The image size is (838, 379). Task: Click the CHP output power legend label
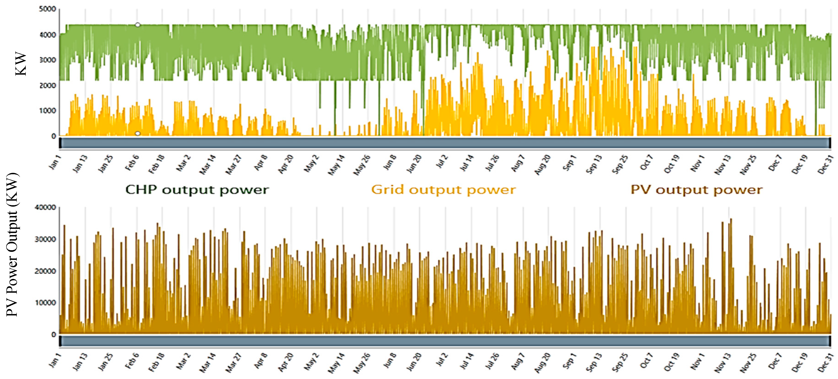(197, 190)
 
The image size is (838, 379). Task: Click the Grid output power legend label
(443, 190)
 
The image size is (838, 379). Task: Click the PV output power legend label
(696, 190)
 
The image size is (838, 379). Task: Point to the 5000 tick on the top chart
(48, 9)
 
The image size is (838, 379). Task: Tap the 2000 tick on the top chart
(48, 85)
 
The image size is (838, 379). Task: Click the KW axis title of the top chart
(21, 64)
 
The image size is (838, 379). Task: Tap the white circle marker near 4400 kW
(138, 25)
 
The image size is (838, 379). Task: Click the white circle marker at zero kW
(138, 134)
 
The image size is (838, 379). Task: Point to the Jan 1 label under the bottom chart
(55, 362)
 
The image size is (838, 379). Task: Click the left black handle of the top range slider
(60, 143)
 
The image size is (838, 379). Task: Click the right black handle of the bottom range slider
(830, 341)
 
